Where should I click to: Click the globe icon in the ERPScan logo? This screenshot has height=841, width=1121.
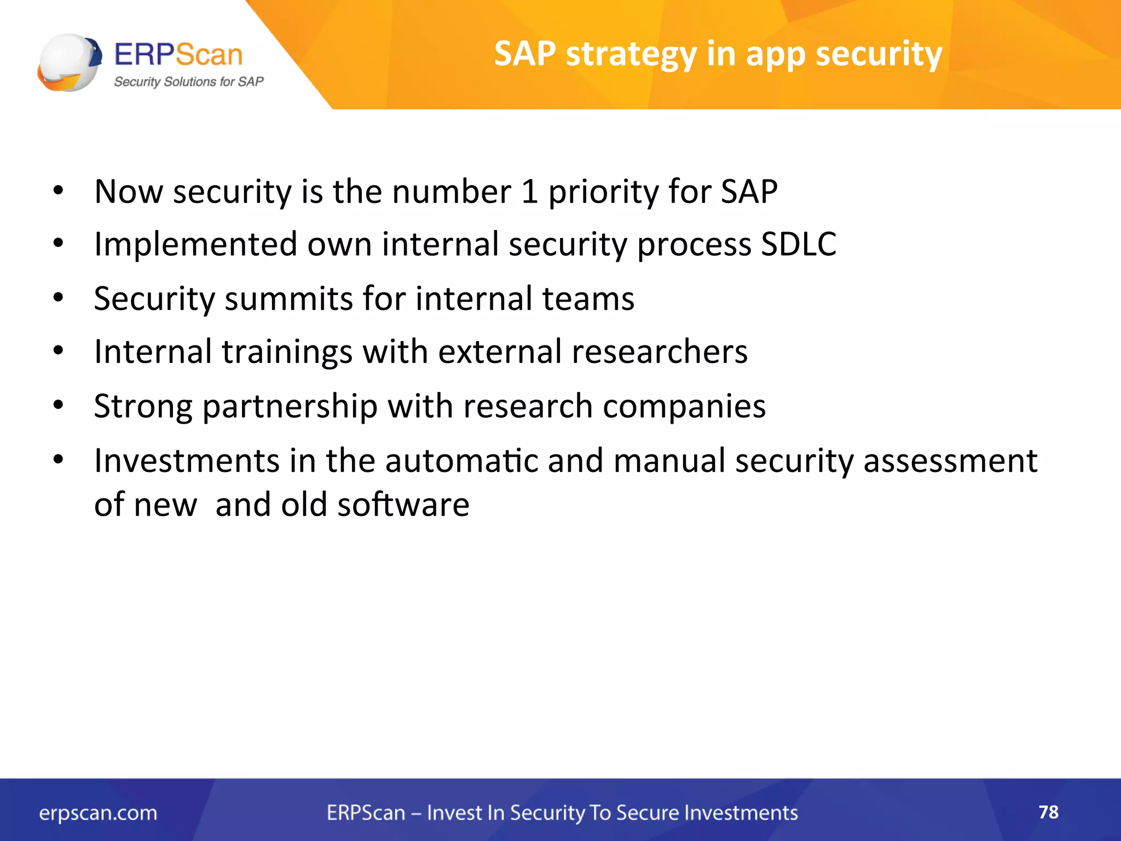[70, 62]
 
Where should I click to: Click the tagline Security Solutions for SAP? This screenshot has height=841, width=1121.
[188, 82]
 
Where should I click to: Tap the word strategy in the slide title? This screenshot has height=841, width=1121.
[631, 55]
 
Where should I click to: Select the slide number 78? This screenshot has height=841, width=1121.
[1048, 812]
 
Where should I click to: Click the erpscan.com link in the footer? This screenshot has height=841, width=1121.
[98, 813]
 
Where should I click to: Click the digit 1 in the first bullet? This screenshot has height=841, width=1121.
[529, 192]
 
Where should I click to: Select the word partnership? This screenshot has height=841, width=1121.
[290, 407]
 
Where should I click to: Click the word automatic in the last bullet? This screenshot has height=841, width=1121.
[461, 461]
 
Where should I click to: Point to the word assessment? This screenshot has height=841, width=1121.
[950, 461]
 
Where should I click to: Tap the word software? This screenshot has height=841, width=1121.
[403, 505]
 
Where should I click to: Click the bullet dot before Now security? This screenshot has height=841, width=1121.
[58, 192]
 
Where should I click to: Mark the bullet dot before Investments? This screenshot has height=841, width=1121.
[58, 460]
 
